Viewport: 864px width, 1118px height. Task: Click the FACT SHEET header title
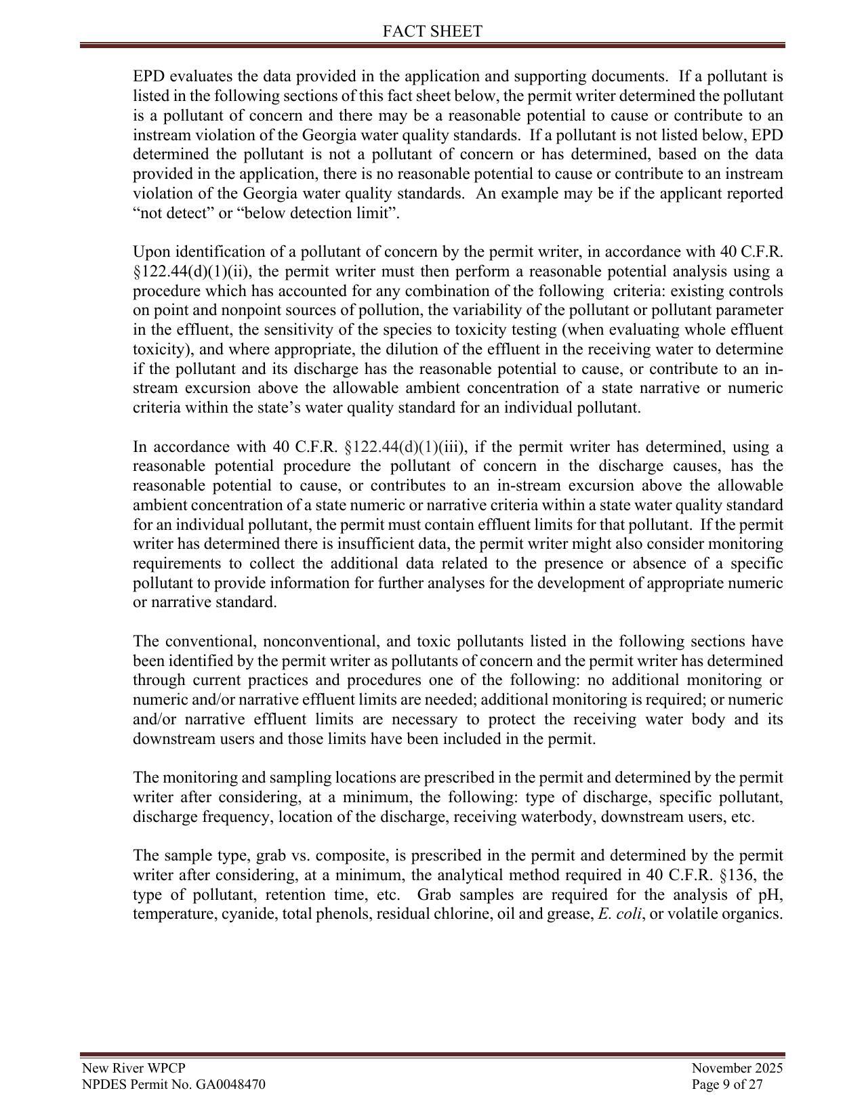(x=432, y=31)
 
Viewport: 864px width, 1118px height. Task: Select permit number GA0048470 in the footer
(x=230, y=1084)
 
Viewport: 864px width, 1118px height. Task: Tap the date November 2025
(x=737, y=1069)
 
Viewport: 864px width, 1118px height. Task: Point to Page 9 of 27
(x=727, y=1084)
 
